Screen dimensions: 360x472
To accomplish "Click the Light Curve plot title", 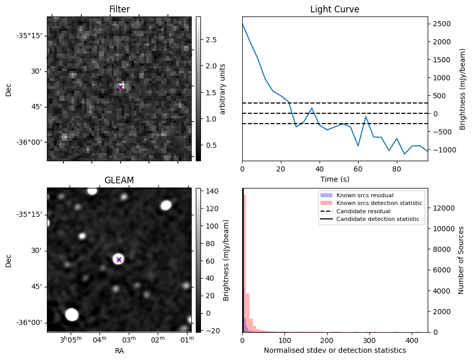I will pyautogui.click(x=334, y=9).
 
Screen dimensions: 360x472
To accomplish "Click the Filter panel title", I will pyautogui.click(x=120, y=9).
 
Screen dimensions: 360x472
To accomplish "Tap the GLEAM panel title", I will pyautogui.click(x=120, y=180).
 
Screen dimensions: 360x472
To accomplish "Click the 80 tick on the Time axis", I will pyautogui.click(x=396, y=168).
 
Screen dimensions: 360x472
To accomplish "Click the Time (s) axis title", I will pyautogui.click(x=334, y=178).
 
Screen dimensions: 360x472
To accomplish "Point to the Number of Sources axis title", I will pyautogui.click(x=461, y=260).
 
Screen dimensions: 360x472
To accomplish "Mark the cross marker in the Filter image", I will pyautogui.click(x=120, y=87).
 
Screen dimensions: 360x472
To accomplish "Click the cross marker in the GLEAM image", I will pyautogui.click(x=119, y=260).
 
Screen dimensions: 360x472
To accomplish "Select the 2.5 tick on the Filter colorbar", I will pyautogui.click(x=211, y=40).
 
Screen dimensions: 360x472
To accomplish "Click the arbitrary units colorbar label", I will pyautogui.click(x=223, y=89).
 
